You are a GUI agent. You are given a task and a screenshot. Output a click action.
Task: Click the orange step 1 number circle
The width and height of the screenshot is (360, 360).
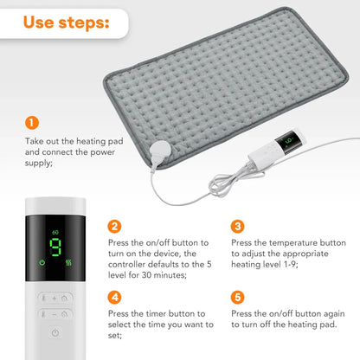(32, 123)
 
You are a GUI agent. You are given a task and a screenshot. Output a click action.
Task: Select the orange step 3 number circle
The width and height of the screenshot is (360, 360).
(238, 227)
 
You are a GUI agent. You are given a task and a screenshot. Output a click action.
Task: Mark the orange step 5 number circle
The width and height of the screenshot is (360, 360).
(238, 297)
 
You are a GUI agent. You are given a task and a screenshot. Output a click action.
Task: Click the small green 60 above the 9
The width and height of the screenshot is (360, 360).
(55, 231)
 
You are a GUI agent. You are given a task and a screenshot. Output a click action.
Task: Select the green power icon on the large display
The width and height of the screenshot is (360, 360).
(41, 261)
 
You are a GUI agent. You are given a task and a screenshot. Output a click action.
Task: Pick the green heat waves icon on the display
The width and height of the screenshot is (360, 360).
(70, 261)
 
